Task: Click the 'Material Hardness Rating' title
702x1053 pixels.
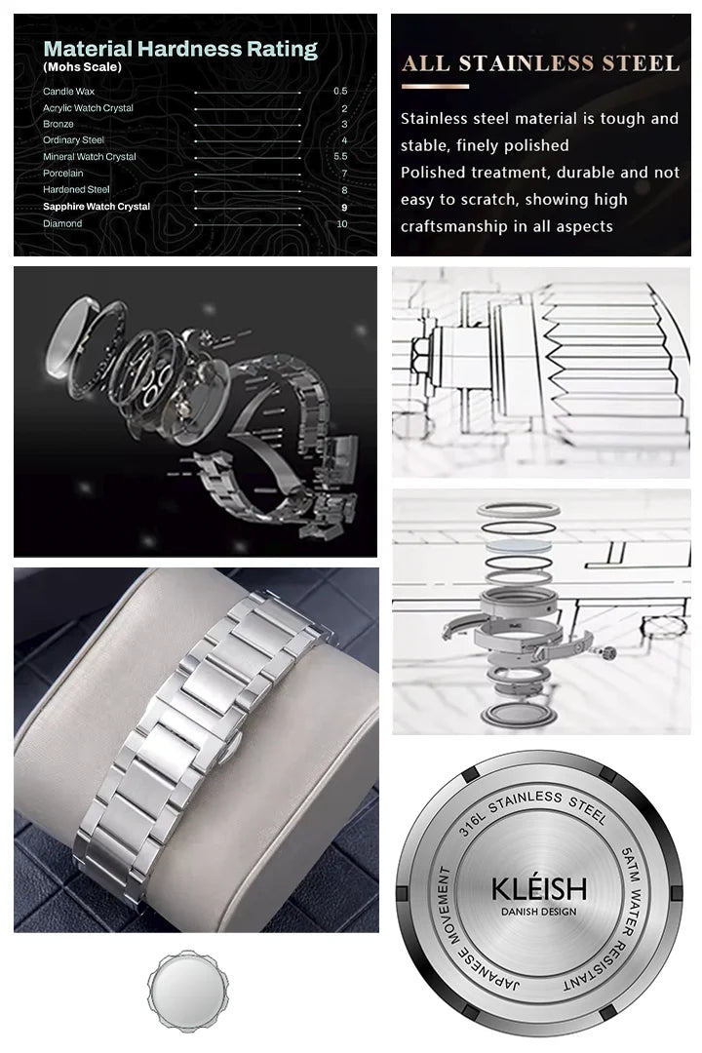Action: (180, 49)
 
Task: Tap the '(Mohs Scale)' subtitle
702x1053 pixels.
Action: (82, 67)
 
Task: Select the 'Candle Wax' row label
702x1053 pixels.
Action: (68, 92)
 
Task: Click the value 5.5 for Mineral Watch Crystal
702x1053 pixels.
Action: (340, 156)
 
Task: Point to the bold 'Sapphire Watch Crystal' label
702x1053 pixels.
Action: (97, 206)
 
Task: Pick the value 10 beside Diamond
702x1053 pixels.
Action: (342, 223)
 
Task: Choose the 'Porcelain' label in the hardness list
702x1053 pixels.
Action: (63, 173)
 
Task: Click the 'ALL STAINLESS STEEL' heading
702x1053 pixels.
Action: (541, 63)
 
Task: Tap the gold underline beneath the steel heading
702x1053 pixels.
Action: (435, 87)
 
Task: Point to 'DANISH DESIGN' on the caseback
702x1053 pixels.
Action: (539, 912)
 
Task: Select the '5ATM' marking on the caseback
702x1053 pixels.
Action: (630, 863)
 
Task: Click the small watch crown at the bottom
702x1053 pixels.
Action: (187, 991)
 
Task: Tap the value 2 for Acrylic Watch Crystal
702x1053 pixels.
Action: (344, 108)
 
